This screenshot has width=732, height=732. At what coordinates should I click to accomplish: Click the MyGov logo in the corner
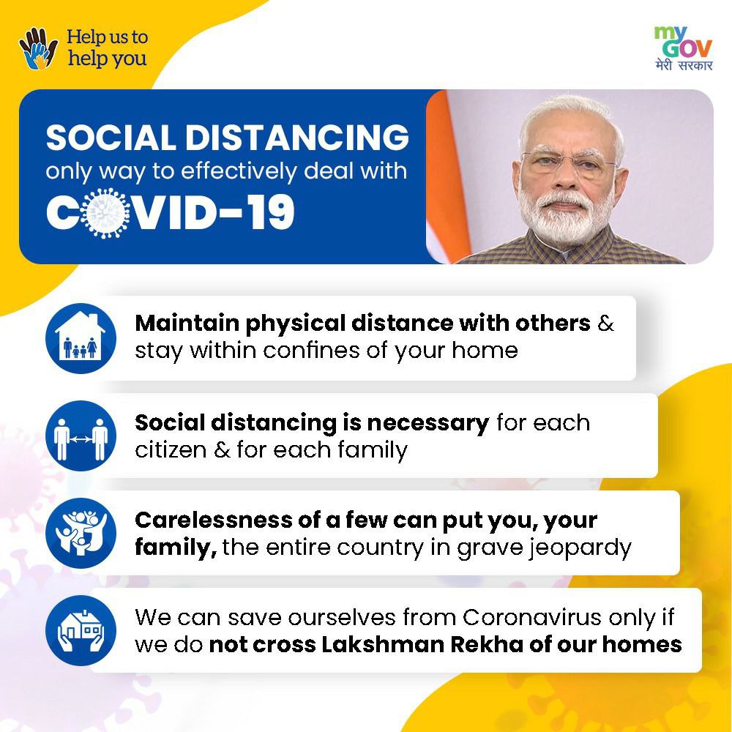pyautogui.click(x=684, y=48)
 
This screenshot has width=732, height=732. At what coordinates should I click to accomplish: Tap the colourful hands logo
pyautogui.click(x=38, y=48)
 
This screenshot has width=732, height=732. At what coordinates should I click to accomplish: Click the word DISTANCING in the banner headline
pyautogui.click(x=297, y=137)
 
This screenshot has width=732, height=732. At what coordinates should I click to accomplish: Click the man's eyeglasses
pyautogui.click(x=568, y=163)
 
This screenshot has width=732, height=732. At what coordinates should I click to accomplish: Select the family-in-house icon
pyautogui.click(x=81, y=338)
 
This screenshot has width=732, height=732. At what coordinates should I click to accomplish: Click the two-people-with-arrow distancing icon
pyautogui.click(x=81, y=436)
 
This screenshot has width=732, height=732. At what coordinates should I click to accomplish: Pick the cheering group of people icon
pyautogui.click(x=81, y=533)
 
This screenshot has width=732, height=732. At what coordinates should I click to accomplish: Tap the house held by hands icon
pyautogui.click(x=81, y=630)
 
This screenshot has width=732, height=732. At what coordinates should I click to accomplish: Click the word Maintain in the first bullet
pyautogui.click(x=187, y=323)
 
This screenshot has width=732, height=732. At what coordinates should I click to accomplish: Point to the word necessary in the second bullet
pyautogui.click(x=428, y=423)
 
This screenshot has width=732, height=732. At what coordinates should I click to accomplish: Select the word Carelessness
pyautogui.click(x=213, y=520)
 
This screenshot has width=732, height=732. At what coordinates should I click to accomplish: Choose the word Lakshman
pyautogui.click(x=382, y=644)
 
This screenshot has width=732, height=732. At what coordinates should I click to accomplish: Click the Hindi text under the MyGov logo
pyautogui.click(x=684, y=64)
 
